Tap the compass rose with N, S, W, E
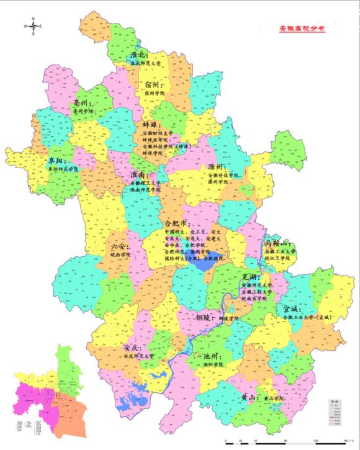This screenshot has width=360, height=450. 33,26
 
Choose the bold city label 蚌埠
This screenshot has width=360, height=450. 153,124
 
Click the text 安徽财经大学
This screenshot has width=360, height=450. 158,133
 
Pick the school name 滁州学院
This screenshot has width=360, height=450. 218,183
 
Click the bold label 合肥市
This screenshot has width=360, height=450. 177,222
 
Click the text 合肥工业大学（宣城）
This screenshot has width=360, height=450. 308,317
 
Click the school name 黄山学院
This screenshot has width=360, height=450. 271,397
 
